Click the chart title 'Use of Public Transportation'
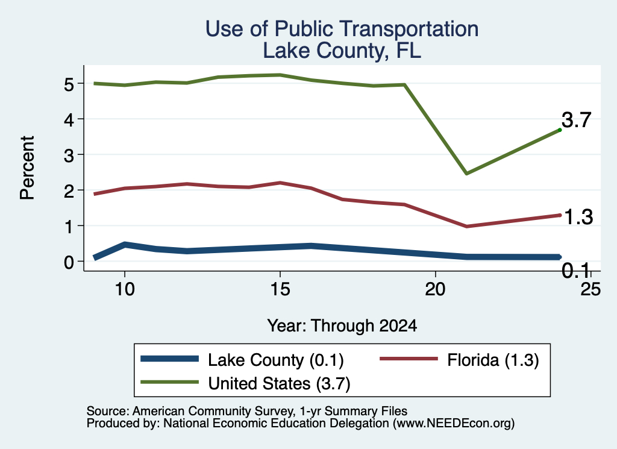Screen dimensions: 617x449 342,29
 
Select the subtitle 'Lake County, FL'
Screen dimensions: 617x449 342,51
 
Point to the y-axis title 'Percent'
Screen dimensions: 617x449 27,168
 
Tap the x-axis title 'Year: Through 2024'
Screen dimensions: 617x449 342,326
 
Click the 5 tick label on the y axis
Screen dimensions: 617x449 69,84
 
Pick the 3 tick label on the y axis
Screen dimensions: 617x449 69,155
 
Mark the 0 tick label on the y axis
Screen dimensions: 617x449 69,262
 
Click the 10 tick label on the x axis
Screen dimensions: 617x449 125,289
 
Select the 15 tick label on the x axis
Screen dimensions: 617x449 280,289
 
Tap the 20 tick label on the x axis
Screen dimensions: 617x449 435,289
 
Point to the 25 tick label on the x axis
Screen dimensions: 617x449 590,289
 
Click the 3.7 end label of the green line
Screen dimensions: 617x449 577,120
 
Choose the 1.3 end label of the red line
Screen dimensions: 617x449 578,217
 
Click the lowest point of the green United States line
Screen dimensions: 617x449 466,173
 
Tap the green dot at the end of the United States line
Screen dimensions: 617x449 560,130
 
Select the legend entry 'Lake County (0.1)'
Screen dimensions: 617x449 242,360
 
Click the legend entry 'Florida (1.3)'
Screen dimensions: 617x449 459,360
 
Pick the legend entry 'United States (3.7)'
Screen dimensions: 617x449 245,383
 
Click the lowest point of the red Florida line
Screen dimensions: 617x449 466,226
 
